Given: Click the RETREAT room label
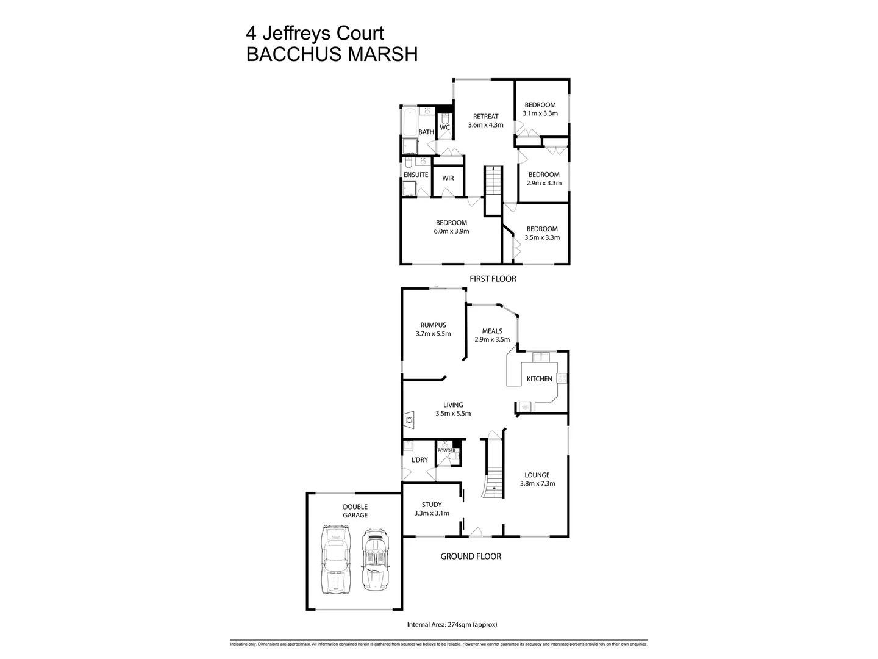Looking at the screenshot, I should [x=486, y=117].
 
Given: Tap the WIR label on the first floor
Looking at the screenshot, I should [x=448, y=179].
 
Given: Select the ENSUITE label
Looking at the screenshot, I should [x=416, y=175].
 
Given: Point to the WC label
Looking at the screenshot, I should [x=444, y=128].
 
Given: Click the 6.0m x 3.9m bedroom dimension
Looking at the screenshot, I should [x=451, y=232].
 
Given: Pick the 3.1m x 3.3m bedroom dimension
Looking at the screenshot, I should [x=540, y=113].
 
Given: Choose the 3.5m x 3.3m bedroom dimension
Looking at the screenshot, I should [x=542, y=238].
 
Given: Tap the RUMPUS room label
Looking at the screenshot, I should [x=433, y=325].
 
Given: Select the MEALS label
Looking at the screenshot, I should [x=492, y=331].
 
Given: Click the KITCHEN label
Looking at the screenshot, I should [x=540, y=379].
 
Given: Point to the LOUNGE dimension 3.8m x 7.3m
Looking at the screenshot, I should [x=537, y=484].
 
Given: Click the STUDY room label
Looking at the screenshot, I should [x=432, y=505].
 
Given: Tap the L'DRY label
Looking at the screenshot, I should [x=419, y=460].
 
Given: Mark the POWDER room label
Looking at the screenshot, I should [x=446, y=451].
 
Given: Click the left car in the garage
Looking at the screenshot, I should [x=336, y=560].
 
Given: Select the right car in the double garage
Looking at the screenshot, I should [x=374, y=560].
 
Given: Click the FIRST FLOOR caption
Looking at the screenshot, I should [x=493, y=279].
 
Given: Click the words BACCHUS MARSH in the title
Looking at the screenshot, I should [x=332, y=54].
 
